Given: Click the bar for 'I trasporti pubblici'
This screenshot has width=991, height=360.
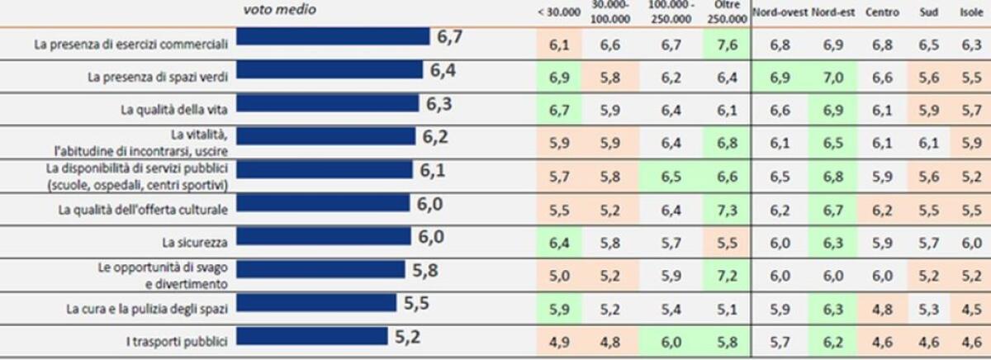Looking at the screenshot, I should coord(311,336).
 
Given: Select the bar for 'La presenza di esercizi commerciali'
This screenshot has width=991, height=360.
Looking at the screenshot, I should coord(333,37).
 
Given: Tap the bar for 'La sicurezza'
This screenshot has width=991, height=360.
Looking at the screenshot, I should coord(323,237).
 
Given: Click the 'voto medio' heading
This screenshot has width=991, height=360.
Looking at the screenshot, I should coord(279,10).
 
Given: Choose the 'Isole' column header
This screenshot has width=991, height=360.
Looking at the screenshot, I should coord(971,13).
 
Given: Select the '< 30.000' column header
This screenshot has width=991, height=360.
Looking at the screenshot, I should coord(558,13).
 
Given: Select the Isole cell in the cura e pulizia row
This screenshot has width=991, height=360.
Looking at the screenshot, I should coord(971,310).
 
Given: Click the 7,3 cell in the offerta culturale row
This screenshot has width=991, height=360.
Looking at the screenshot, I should coord(726,211).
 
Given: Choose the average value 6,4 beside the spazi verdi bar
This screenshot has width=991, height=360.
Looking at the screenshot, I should coord(443,71).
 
